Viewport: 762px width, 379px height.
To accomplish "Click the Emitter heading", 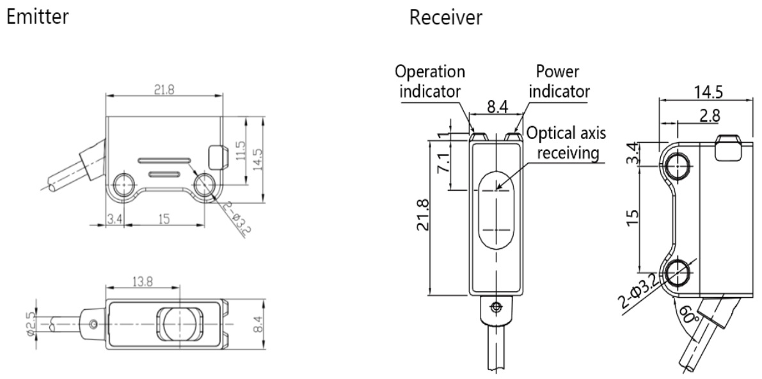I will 38,17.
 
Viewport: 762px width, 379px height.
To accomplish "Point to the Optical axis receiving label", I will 566,143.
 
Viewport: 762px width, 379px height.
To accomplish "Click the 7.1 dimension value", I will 442,163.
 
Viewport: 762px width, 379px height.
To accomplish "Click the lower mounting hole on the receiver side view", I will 676,273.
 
